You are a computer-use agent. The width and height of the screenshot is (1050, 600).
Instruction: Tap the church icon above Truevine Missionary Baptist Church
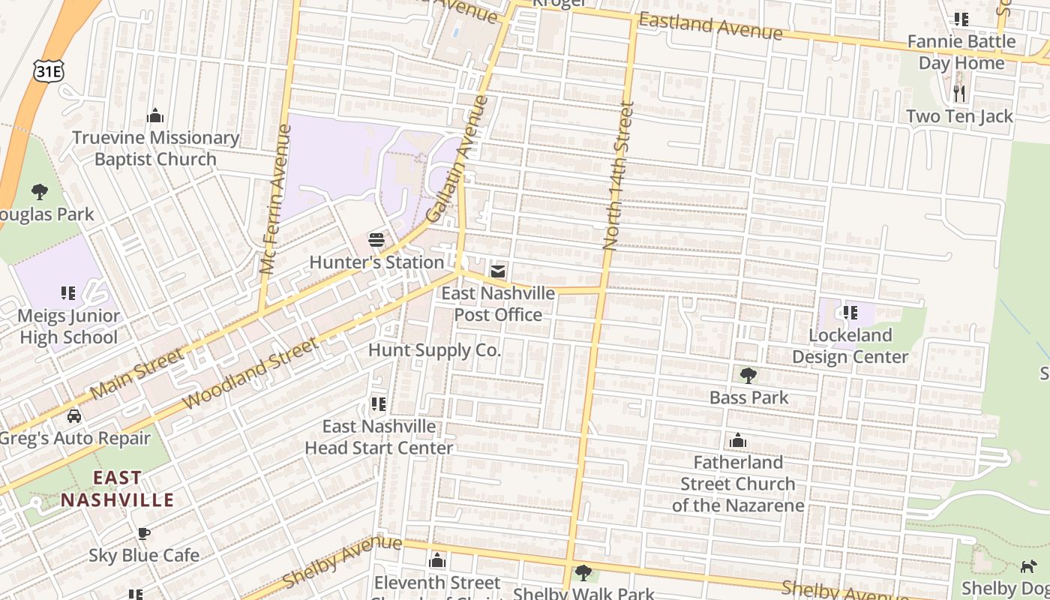click(155, 115)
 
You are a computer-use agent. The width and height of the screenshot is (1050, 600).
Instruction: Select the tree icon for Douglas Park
click(39, 192)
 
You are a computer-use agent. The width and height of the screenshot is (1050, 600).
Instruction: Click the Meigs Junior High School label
click(67, 327)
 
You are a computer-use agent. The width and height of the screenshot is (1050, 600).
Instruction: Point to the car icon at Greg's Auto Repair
click(73, 415)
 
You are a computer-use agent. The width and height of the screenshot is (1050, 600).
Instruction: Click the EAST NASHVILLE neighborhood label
click(117, 489)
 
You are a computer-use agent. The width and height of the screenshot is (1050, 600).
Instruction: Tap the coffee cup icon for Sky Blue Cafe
click(143, 533)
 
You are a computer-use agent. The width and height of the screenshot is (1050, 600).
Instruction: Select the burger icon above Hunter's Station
click(376, 241)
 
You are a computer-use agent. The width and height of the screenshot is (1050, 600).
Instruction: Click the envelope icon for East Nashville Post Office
click(497, 271)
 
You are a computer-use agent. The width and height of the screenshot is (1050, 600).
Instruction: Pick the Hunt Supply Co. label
click(434, 350)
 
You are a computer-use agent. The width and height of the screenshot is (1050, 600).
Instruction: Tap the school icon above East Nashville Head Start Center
click(378, 404)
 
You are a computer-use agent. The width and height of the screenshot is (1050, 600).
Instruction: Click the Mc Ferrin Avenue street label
click(275, 199)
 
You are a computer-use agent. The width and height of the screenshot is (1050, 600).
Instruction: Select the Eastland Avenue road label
click(710, 27)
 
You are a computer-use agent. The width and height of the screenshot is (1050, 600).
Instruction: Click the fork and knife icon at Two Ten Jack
click(958, 94)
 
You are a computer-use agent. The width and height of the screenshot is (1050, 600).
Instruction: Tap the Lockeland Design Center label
click(850, 346)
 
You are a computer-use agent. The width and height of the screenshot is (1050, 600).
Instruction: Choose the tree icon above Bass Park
click(748, 375)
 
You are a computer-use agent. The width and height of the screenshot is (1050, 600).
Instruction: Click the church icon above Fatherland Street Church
click(738, 440)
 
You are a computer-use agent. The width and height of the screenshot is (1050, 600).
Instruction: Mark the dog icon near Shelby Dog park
click(1028, 566)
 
